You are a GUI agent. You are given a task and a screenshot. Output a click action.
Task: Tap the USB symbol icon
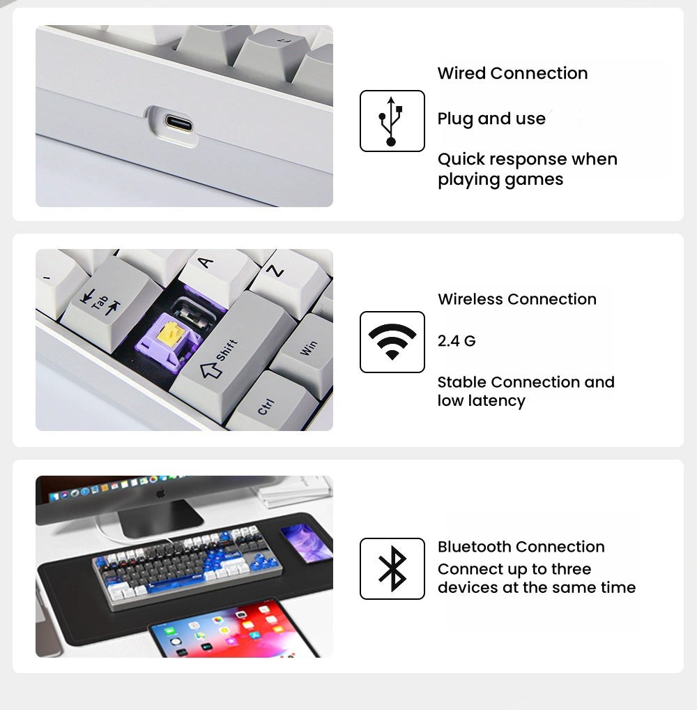coord(392,121)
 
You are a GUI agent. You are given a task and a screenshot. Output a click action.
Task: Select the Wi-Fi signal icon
coord(392,342)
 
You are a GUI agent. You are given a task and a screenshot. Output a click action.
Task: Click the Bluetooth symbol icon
coord(392,568)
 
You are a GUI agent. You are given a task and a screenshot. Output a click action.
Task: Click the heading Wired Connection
coord(513,73)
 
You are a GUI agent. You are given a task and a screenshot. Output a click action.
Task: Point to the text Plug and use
coord(491,119)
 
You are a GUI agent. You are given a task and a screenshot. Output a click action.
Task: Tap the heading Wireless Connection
coord(517,299)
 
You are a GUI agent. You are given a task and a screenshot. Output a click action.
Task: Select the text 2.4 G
coord(457,340)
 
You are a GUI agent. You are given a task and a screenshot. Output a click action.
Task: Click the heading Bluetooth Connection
coord(521,547)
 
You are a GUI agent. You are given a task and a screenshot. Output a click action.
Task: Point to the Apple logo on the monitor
coord(160,492)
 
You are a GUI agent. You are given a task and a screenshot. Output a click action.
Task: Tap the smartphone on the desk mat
coord(305,543)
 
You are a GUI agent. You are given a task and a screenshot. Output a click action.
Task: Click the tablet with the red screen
coord(233,629)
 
